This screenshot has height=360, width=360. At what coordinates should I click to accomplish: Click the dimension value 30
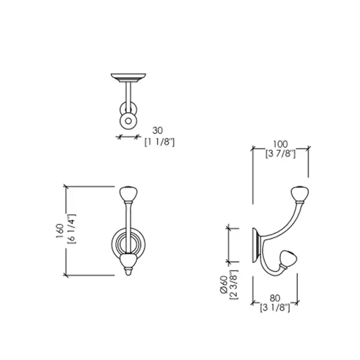(x=157, y=131)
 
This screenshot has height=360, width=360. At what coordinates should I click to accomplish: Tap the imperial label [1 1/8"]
(x=159, y=142)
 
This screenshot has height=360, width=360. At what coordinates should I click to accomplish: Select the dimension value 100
(x=280, y=144)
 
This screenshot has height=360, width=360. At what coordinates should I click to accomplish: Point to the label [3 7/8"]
(x=281, y=154)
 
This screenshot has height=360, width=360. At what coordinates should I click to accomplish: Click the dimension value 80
(x=275, y=298)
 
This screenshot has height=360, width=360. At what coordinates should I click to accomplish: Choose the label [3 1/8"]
(x=275, y=308)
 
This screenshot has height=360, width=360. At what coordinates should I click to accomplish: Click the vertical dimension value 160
(x=60, y=231)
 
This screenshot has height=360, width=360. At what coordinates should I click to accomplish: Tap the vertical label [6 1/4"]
(x=71, y=229)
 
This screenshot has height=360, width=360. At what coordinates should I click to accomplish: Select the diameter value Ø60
(x=223, y=284)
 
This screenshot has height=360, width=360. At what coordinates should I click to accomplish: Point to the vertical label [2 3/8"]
(x=234, y=285)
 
